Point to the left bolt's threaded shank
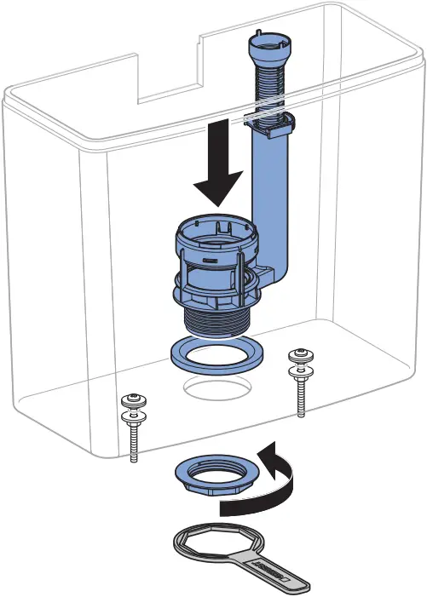point(134,442)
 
